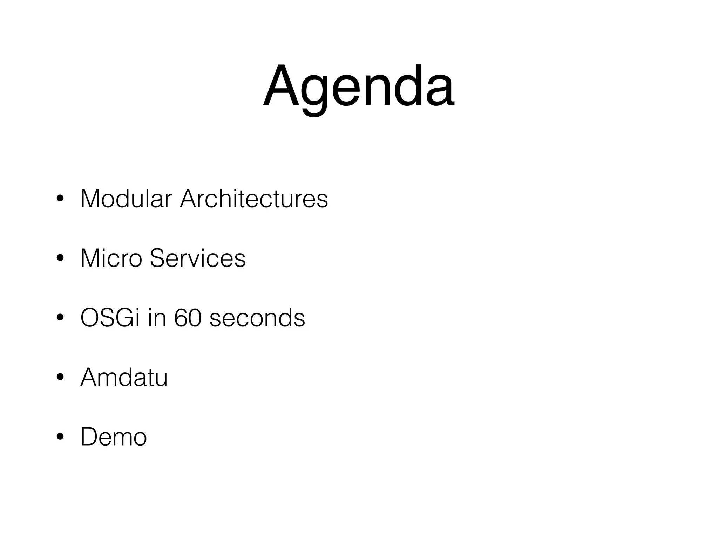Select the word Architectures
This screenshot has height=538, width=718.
click(254, 199)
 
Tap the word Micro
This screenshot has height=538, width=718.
click(111, 258)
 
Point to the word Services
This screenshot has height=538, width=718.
click(198, 258)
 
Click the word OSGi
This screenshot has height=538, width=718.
click(110, 318)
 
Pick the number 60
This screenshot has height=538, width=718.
click(188, 318)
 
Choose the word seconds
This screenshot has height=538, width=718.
click(257, 318)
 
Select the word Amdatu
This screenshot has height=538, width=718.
click(124, 378)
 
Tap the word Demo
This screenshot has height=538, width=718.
click(114, 437)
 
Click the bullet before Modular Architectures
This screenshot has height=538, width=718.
click(60, 199)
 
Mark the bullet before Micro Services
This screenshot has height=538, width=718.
click(60, 258)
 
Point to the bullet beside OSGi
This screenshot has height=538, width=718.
click(60, 318)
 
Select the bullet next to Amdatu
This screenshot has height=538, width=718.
click(60, 378)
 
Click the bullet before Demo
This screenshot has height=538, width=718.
click(60, 437)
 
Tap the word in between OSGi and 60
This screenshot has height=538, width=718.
click(157, 318)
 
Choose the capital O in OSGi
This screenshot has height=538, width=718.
click(91, 318)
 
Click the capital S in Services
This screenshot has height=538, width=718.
click(158, 258)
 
